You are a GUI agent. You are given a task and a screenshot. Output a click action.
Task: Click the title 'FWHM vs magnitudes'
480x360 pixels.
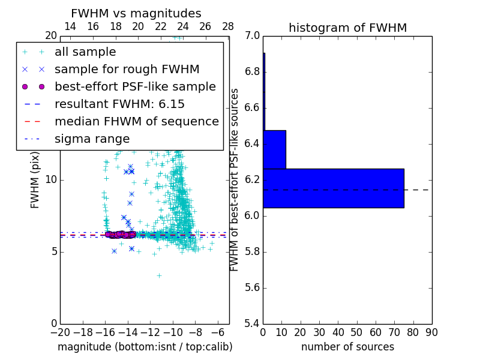[x=136, y=14]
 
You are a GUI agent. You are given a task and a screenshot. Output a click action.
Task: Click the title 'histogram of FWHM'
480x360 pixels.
[x=347, y=28]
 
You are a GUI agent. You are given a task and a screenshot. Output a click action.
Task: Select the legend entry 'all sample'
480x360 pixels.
[x=85, y=52]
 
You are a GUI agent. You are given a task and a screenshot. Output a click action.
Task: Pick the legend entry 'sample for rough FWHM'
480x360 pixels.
[x=127, y=70]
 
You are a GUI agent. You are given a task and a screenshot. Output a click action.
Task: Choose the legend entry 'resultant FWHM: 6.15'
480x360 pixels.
[x=119, y=104]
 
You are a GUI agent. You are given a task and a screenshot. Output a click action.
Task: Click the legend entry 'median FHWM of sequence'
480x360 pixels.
[x=136, y=122]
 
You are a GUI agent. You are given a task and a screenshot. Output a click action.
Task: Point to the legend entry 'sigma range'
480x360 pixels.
[x=92, y=139]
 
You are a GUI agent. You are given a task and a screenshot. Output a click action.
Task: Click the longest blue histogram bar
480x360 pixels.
[x=333, y=188]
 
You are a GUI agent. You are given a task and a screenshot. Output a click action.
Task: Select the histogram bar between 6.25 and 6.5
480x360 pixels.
[x=274, y=149]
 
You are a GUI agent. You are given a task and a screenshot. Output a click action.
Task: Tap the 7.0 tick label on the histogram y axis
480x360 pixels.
[x=253, y=36]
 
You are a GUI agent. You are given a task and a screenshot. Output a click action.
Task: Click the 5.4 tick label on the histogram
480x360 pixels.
[x=253, y=323]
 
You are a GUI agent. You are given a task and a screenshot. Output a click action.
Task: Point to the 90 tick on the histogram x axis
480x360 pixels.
[x=431, y=332]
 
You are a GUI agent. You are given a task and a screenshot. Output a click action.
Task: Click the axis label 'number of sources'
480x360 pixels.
[x=347, y=347]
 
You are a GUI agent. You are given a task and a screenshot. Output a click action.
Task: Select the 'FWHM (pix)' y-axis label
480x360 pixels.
[x=35, y=179]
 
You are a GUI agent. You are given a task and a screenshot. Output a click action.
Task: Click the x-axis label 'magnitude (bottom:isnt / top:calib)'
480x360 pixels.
[x=145, y=347]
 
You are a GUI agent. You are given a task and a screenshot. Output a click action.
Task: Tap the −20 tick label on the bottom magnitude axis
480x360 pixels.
[x=59, y=332]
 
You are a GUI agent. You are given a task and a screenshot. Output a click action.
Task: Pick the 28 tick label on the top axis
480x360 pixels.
[x=228, y=27]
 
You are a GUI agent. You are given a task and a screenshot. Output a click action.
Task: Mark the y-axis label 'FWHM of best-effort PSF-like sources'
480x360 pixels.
[x=235, y=179]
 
